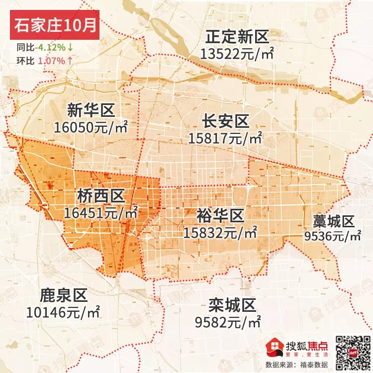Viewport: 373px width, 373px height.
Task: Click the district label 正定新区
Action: [237, 37]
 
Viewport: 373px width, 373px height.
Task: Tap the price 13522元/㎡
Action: [237, 53]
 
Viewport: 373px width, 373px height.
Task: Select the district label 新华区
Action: [92, 109]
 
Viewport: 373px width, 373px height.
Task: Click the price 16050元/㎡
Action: [91, 127]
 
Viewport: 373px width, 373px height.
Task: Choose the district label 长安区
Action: [225, 121]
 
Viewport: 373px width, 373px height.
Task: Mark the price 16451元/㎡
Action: [101, 213]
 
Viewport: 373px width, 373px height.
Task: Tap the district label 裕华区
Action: [220, 215]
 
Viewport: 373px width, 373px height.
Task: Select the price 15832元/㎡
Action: [220, 232]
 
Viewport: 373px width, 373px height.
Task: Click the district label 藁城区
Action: [333, 220]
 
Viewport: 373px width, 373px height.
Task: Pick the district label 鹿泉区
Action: [63, 296]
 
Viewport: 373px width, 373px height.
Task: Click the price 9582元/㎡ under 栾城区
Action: [228, 322]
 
